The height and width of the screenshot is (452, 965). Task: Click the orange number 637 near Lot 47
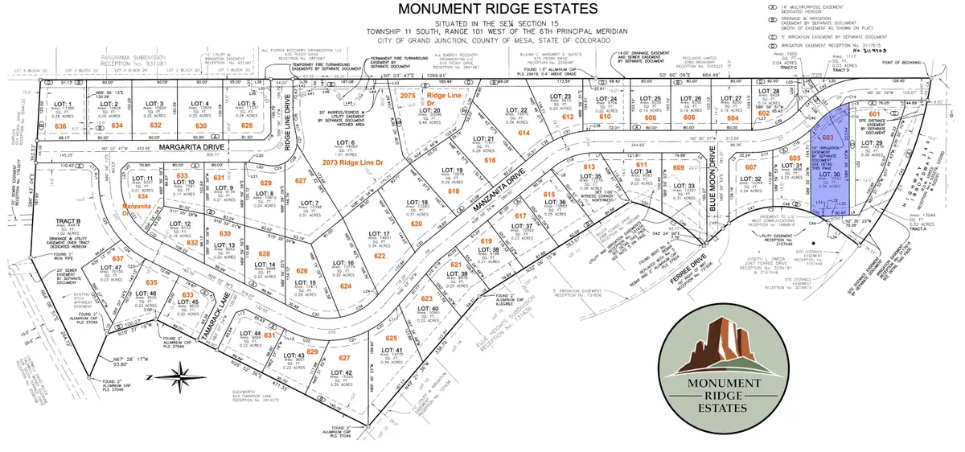pyautogui.click(x=120, y=259)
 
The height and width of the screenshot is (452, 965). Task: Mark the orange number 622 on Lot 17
pyautogui.click(x=379, y=256)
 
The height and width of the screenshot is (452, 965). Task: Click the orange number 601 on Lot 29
pyautogui.click(x=869, y=114)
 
